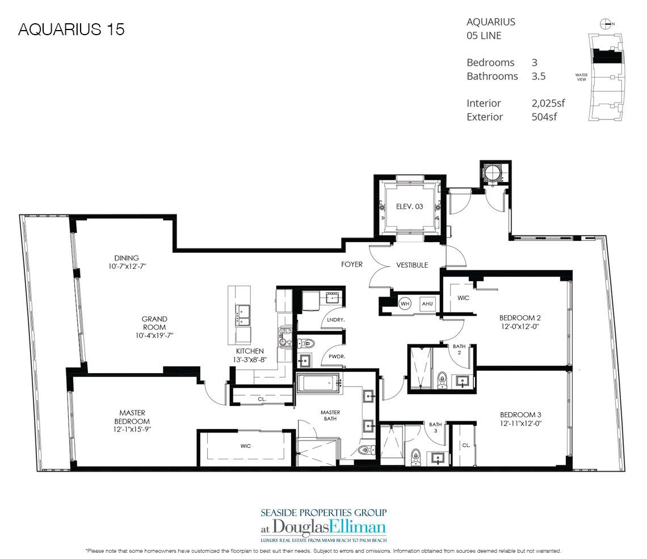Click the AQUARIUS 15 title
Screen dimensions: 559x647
point(71,29)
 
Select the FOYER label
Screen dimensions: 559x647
point(352,265)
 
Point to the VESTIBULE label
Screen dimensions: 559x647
point(412,265)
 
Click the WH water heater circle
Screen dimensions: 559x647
point(405,303)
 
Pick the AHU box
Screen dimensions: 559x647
point(427,303)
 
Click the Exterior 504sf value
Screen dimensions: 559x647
point(544,117)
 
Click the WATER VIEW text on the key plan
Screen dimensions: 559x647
point(581,77)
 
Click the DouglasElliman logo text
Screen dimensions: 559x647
point(323,527)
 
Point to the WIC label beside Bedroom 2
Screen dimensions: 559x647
point(463,297)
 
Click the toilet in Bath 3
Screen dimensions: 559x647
point(415,454)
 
